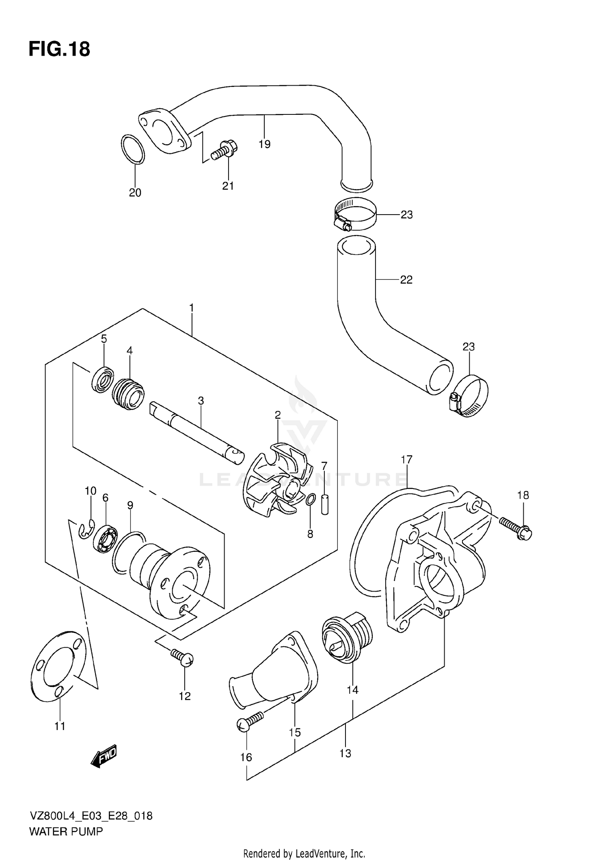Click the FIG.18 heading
coord(59,50)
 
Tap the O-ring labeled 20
coord(133,149)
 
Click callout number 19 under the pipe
coord(264,144)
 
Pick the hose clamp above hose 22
coord(355,214)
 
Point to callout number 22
coord(406,280)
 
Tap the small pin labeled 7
coord(324,504)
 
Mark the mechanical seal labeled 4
coord(128,394)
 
